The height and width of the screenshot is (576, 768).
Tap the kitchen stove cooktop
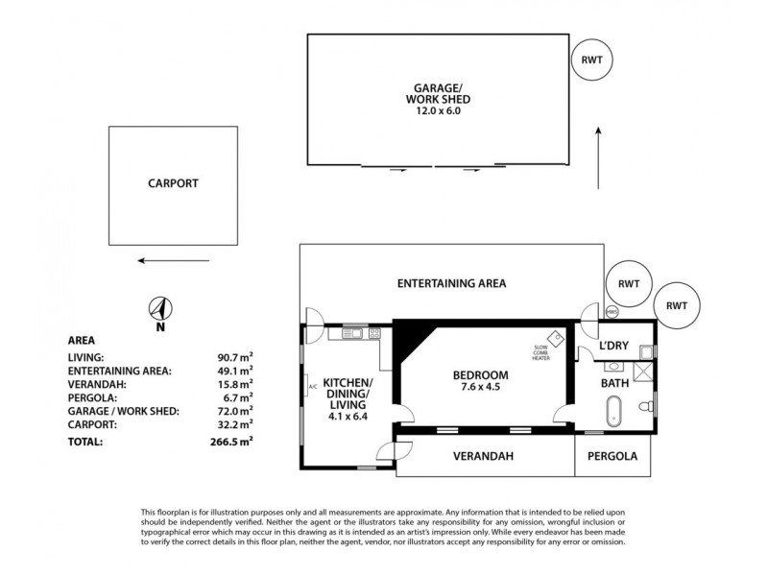click(372, 334)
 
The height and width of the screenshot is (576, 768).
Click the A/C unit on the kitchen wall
click(311, 388)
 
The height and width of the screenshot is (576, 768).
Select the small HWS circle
click(612, 311)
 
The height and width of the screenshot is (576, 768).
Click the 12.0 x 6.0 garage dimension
click(439, 110)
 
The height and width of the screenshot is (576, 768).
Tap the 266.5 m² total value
click(233, 441)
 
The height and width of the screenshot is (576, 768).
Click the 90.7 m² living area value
click(235, 356)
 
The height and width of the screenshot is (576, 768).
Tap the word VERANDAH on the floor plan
click(484, 457)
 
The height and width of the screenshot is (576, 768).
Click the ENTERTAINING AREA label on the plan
click(451, 283)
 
